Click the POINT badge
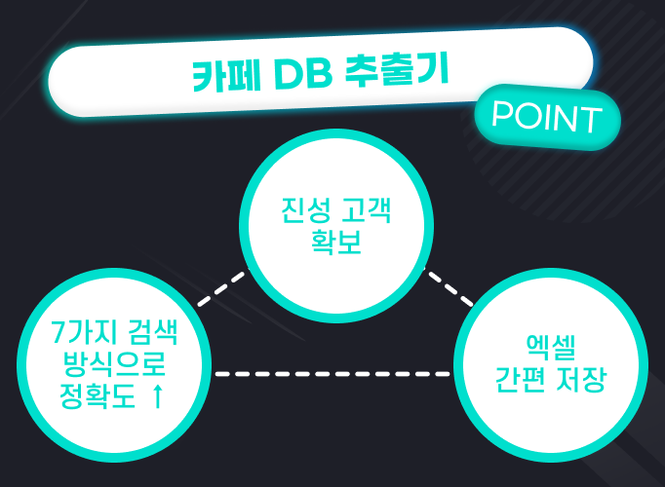coord(547,117)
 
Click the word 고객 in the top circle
coord(367,209)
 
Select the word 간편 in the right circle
coord(522,379)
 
